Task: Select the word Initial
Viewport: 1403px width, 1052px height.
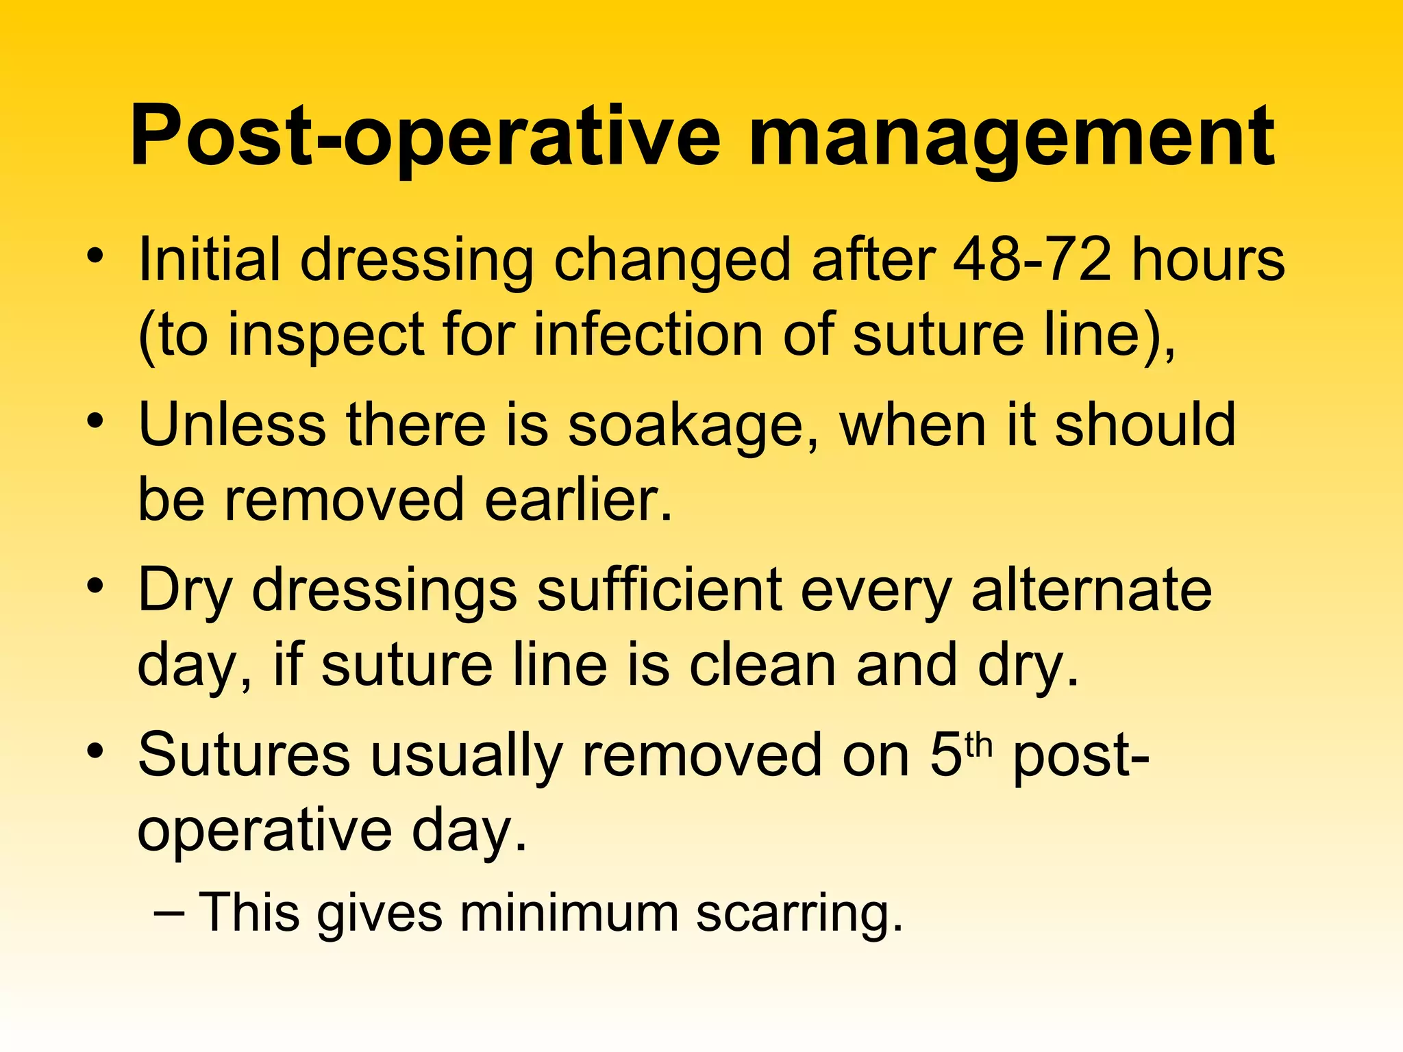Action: coord(209,260)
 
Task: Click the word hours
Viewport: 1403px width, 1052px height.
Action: coord(1208,260)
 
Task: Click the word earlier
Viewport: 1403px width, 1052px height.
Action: coord(578,499)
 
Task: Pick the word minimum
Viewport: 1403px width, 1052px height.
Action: coord(568,912)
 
